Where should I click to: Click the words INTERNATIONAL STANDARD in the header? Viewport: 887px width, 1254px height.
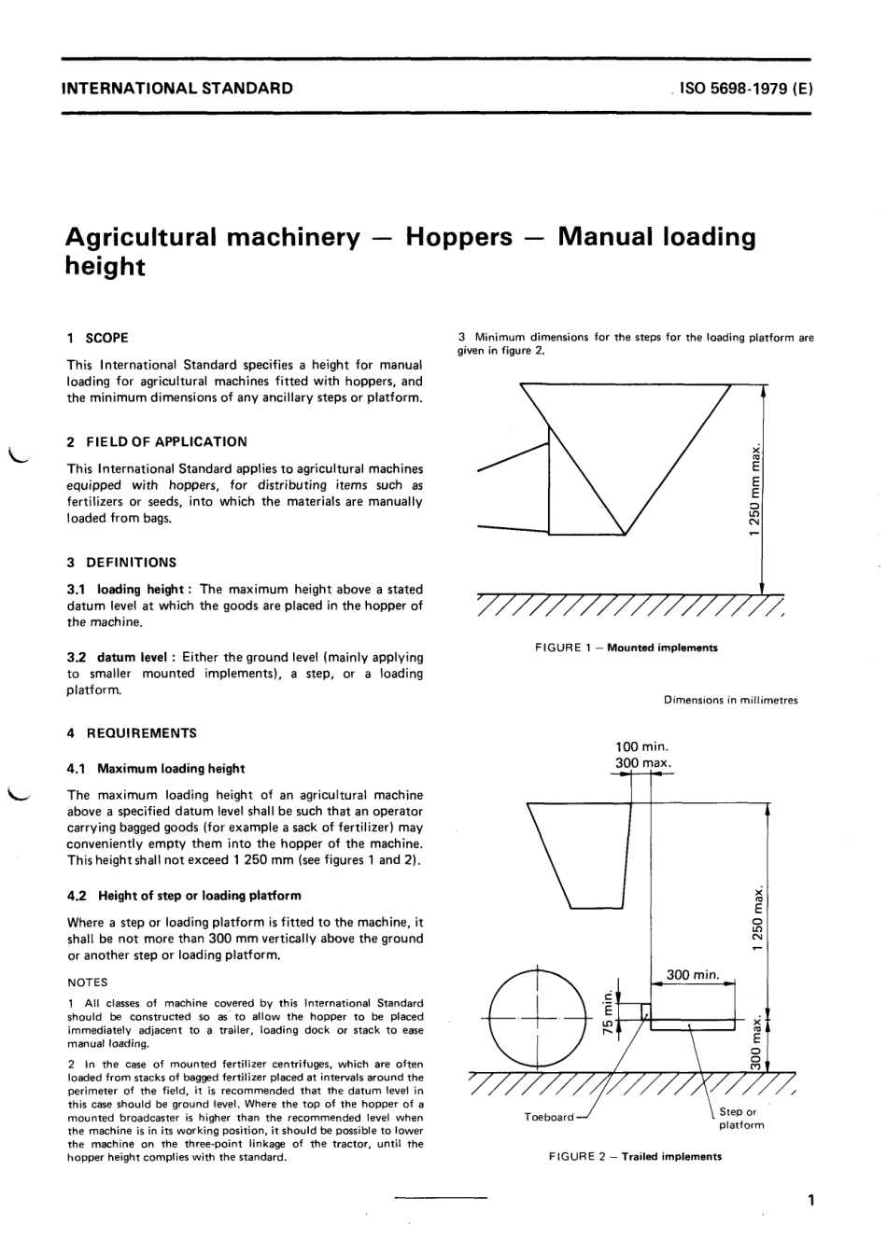[x=176, y=90]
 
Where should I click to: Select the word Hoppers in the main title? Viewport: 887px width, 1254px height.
[x=458, y=237]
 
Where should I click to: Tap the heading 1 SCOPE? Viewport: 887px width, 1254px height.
[x=98, y=338]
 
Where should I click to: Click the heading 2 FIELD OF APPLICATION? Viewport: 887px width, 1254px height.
[x=157, y=442]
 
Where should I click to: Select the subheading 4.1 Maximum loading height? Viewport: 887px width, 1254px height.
[x=156, y=769]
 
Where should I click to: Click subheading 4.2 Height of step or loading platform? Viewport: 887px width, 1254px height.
[x=184, y=896]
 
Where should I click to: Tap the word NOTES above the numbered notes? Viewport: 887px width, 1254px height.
[x=87, y=982]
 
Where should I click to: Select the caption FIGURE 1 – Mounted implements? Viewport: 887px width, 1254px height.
[x=627, y=648]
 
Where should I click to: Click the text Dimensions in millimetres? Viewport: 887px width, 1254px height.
[x=731, y=700]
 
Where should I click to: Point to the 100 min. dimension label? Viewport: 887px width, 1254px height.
[x=641, y=746]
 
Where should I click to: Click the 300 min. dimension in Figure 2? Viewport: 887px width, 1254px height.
[x=693, y=975]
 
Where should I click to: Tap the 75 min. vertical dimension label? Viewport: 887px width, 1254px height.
[x=608, y=1009]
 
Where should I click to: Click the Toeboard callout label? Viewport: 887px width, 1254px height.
[x=549, y=1117]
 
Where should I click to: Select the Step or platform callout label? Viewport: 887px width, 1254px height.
[x=741, y=1119]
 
